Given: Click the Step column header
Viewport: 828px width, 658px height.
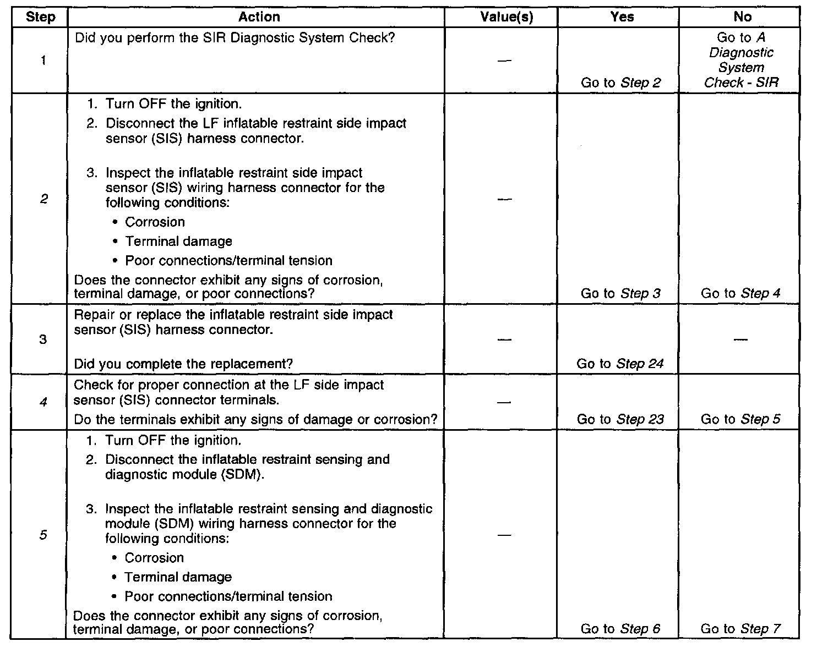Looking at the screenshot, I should (x=41, y=17).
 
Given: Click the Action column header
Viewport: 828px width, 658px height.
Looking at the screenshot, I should (x=259, y=17).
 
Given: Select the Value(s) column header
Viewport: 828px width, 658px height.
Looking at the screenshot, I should (x=506, y=17).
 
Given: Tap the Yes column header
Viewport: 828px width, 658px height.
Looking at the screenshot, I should (x=622, y=17).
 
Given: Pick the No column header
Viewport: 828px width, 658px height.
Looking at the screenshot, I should (x=742, y=17).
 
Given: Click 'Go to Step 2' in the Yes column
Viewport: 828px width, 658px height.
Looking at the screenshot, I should (x=621, y=83).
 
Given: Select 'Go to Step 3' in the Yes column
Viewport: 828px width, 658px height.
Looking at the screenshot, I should (x=620, y=294).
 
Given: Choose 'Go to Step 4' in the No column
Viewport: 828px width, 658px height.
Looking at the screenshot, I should (x=740, y=294).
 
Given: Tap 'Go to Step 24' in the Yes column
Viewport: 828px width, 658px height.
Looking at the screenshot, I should (x=620, y=364).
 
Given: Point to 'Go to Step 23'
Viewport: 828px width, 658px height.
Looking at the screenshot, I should (x=620, y=420).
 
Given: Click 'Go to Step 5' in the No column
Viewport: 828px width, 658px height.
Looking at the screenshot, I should (x=740, y=420).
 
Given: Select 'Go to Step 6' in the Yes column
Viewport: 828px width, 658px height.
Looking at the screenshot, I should (x=620, y=629).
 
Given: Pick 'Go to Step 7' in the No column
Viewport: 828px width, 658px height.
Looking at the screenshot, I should (x=740, y=629).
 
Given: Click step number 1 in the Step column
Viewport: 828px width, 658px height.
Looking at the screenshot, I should (x=43, y=61).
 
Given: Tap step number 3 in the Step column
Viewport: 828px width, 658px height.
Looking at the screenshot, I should (x=43, y=339).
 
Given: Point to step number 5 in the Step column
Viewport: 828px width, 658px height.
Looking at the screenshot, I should (x=43, y=535).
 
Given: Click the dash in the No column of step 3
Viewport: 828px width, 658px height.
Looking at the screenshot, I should (x=740, y=339).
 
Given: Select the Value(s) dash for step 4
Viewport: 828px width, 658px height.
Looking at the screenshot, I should (x=504, y=403).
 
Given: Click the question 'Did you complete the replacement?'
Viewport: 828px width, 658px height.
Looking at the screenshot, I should (x=183, y=364).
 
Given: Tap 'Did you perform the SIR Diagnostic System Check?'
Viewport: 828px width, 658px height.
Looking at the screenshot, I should (x=235, y=39).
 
